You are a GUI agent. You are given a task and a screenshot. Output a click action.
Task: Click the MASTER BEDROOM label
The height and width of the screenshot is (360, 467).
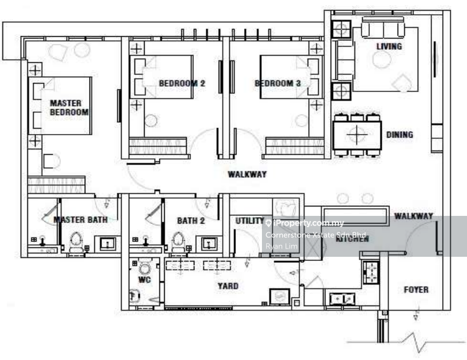pyautogui.click(x=69, y=107)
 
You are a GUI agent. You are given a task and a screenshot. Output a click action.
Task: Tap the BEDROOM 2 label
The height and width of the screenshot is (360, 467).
pyautogui.click(x=182, y=84)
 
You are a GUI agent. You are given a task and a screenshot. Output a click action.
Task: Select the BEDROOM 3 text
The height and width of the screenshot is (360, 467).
pyautogui.click(x=277, y=84)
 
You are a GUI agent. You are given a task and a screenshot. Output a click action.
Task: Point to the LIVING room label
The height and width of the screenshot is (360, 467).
pyautogui.click(x=389, y=46)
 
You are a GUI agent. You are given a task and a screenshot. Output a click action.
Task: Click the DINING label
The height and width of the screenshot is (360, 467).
pyautogui.click(x=399, y=135)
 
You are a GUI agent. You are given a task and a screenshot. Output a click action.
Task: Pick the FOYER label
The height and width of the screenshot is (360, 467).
pyautogui.click(x=416, y=290)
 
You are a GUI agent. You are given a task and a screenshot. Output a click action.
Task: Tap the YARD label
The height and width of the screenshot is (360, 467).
pyautogui.click(x=228, y=286)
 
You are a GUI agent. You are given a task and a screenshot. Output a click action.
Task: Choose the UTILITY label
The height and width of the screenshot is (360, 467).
pyautogui.click(x=250, y=221)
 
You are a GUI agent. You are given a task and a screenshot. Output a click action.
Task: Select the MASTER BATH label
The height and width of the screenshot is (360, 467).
pyautogui.click(x=81, y=220)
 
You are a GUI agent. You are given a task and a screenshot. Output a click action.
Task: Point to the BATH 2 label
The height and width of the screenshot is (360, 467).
pyautogui.click(x=190, y=221)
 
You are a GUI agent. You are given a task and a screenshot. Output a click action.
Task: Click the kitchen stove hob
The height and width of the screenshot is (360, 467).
pyautogui.click(x=372, y=272)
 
